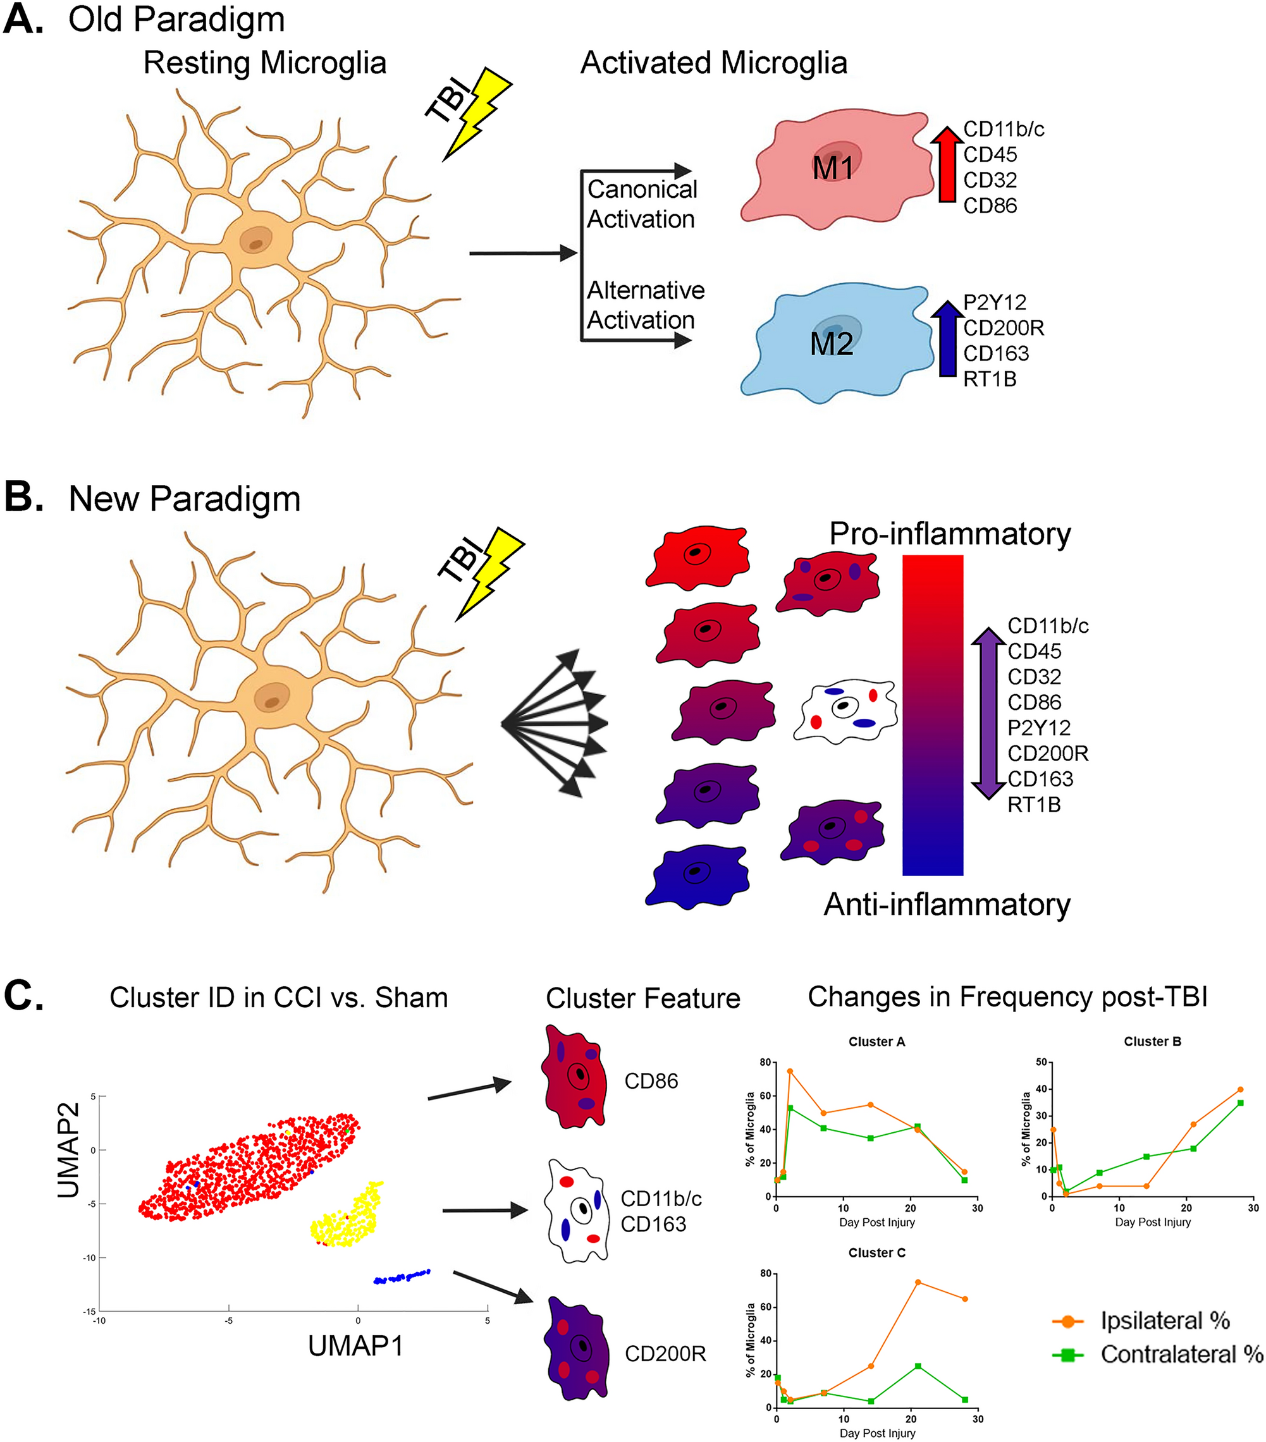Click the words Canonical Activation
(x=641, y=204)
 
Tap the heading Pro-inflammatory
(x=949, y=534)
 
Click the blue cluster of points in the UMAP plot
(x=402, y=1276)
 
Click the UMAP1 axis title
(x=355, y=1346)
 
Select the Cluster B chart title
(x=1152, y=1041)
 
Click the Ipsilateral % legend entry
(x=1164, y=1321)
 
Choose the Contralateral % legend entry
(x=1180, y=1355)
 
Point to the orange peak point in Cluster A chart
(x=790, y=1071)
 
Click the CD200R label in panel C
(x=665, y=1354)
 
